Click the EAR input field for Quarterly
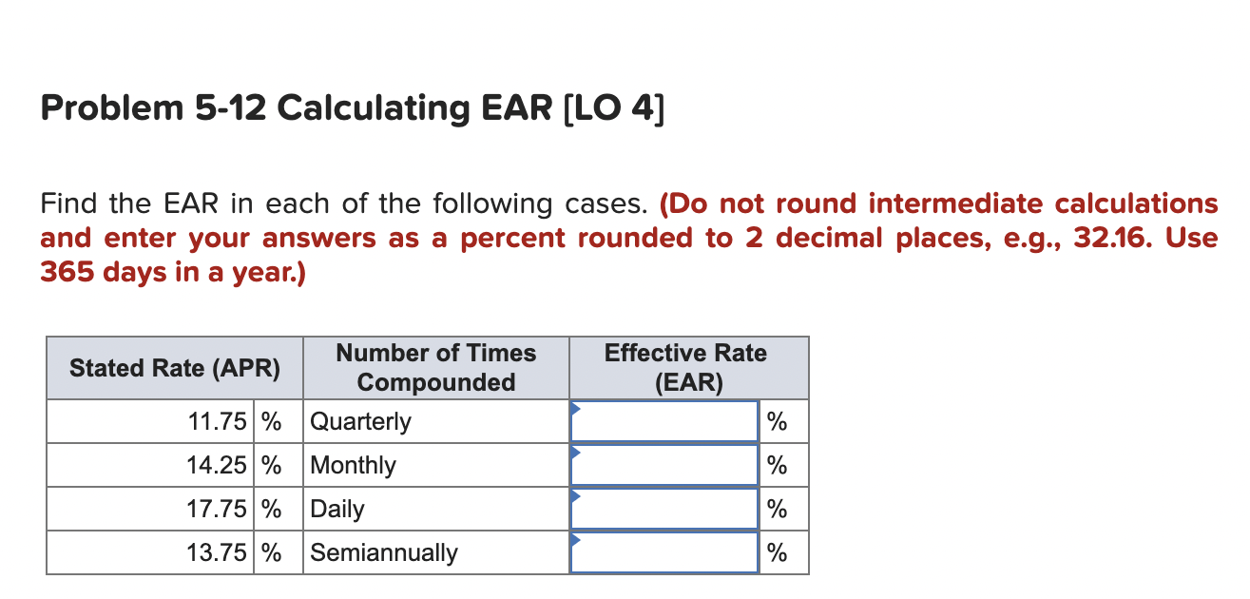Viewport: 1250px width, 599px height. coord(663,421)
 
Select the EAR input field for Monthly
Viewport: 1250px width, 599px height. coord(663,465)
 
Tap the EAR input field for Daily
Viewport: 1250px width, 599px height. coord(663,509)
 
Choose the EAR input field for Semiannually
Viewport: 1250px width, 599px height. coord(663,552)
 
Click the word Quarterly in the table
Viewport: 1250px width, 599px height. coord(361,421)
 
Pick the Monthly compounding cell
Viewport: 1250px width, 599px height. coord(354,465)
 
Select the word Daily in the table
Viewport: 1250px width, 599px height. coord(337,509)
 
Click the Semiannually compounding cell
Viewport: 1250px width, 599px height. coord(384,552)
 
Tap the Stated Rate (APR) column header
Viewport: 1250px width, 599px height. coord(175,368)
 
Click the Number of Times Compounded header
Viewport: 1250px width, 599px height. coord(436,368)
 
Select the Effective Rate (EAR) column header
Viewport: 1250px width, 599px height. coord(685,368)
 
